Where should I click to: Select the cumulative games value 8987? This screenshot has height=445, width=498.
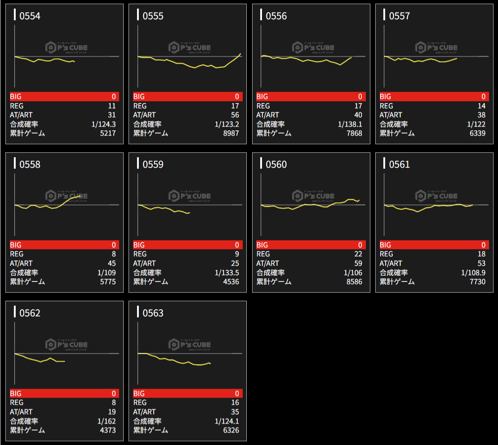pos(231,133)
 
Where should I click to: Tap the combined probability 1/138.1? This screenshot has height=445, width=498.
pos(350,124)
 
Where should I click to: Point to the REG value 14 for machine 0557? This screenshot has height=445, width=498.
pos(481,106)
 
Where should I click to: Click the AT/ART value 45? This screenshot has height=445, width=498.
pos(112,263)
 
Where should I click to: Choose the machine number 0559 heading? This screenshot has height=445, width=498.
pos(153,164)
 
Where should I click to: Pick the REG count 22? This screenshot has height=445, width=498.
pos(358,254)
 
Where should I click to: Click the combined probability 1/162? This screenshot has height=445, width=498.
pos(106,421)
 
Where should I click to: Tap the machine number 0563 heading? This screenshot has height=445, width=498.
pos(153,313)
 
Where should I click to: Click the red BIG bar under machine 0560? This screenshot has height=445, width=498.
pos(311,245)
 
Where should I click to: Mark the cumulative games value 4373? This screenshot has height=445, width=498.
pos(107,430)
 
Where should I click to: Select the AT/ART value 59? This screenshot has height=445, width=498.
pos(358,263)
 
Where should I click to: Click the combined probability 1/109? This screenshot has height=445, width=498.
pos(106,273)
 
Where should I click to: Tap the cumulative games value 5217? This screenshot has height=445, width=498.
pos(107,133)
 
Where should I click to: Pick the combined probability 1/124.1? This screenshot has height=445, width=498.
pos(227,421)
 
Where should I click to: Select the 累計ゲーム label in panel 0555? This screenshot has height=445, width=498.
pos(150,133)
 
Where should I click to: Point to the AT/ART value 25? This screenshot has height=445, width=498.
pos(235,263)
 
